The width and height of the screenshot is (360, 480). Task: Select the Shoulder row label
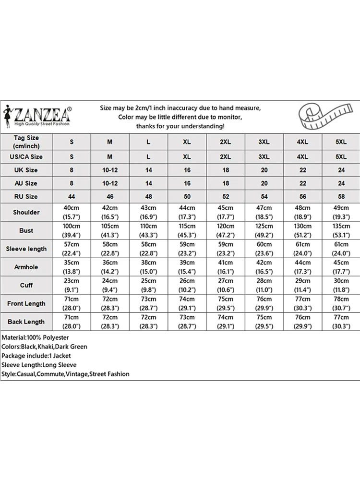click(x=26, y=212)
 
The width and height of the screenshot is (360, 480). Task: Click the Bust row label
click(x=26, y=230)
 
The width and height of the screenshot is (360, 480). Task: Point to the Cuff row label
click(x=26, y=285)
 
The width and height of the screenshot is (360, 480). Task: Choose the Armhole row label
click(x=26, y=267)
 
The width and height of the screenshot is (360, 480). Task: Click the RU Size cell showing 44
click(x=72, y=196)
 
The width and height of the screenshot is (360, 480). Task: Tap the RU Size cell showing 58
click(x=341, y=196)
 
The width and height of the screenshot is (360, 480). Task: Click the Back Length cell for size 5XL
click(x=341, y=322)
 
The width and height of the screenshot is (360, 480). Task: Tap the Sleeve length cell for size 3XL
click(x=264, y=249)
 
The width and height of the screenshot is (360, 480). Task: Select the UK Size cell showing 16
click(x=187, y=170)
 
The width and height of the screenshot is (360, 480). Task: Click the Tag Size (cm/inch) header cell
click(x=26, y=142)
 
